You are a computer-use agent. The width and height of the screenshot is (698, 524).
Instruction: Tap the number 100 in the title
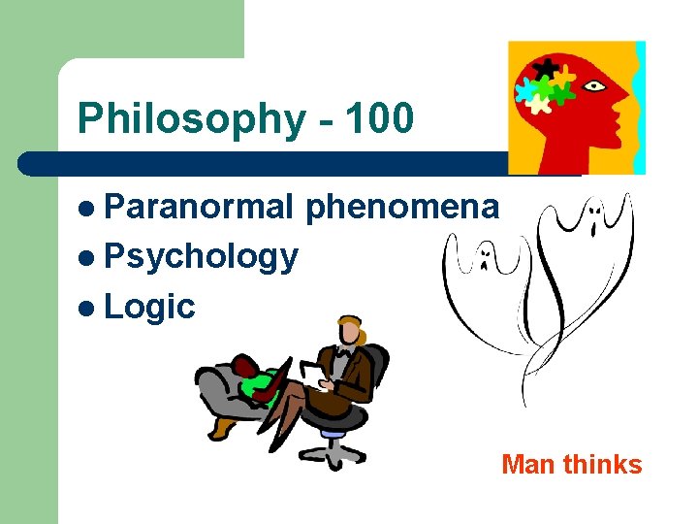tap(378, 119)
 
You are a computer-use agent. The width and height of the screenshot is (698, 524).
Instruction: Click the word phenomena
tap(402, 207)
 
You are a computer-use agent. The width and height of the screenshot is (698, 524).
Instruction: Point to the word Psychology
tap(201, 256)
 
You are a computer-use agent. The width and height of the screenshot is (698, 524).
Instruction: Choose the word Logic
tap(149, 307)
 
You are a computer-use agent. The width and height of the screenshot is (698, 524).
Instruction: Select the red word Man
tap(529, 465)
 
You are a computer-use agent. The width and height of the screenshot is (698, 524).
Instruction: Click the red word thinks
tap(602, 465)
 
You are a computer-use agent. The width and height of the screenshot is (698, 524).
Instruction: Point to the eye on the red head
tap(592, 85)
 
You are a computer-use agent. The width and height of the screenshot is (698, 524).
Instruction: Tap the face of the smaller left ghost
tap(482, 258)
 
